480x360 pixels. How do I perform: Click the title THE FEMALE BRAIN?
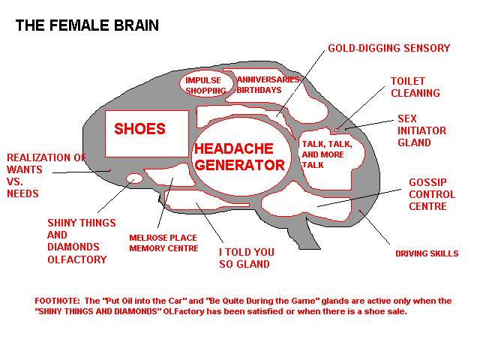pyautogui.click(x=87, y=25)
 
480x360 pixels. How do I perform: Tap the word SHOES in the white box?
pyautogui.click(x=139, y=129)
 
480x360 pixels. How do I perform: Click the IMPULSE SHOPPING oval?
pyautogui.click(x=206, y=85)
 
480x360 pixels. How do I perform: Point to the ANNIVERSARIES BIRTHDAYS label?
pyautogui.click(x=268, y=84)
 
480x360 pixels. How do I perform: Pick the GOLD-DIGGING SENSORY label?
pyautogui.click(x=388, y=49)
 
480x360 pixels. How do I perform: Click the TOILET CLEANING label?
pyautogui.click(x=415, y=87)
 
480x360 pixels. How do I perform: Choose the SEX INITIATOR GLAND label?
pyautogui.click(x=421, y=130)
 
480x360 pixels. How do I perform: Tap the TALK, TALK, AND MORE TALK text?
pyautogui.click(x=326, y=153)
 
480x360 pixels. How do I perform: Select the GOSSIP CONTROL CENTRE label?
pyautogui.click(x=427, y=194)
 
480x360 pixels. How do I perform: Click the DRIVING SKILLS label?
pyautogui.click(x=426, y=253)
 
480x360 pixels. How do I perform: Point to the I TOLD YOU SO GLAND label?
pyautogui.click(x=246, y=258)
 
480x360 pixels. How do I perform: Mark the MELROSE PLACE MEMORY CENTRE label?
pyautogui.click(x=163, y=243)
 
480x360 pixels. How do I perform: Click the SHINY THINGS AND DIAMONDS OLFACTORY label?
pyautogui.click(x=81, y=241)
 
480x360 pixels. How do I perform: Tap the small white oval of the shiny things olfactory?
pyautogui.click(x=135, y=179)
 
